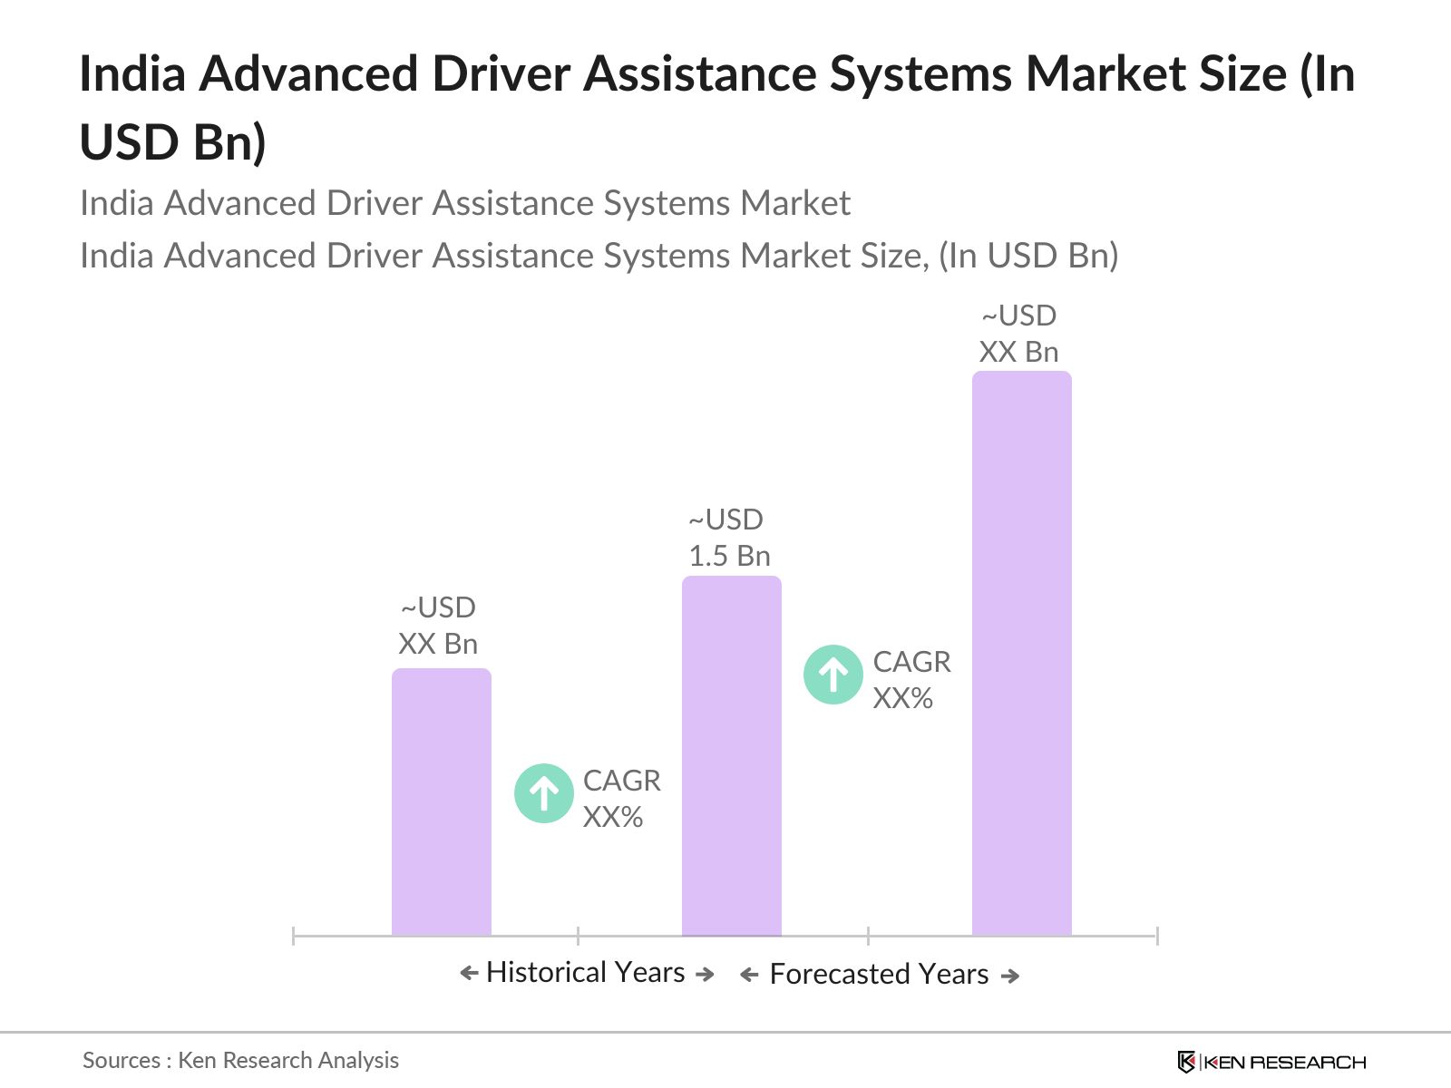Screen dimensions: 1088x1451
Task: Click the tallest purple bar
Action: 1021,653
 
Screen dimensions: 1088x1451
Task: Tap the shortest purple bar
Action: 441,801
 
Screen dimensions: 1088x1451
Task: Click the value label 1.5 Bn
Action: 729,556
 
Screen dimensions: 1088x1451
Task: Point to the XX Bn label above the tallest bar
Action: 1018,352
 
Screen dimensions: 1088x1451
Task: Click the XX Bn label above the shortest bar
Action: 438,644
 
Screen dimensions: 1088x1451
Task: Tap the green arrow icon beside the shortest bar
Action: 543,793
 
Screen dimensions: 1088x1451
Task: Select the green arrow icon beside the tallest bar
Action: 833,675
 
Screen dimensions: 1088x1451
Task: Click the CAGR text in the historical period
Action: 621,781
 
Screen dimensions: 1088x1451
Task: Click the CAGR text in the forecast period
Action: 911,662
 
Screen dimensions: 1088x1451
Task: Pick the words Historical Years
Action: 585,972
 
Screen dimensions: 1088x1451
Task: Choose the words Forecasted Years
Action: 879,974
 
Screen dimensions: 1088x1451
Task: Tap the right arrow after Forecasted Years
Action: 1009,976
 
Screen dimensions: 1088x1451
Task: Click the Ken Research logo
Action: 1271,1062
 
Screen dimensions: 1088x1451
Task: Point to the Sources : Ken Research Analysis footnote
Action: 240,1060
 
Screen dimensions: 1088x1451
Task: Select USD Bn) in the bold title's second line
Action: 173,142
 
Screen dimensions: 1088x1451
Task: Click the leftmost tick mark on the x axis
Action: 294,936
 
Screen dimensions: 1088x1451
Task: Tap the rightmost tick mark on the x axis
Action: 1157,936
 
